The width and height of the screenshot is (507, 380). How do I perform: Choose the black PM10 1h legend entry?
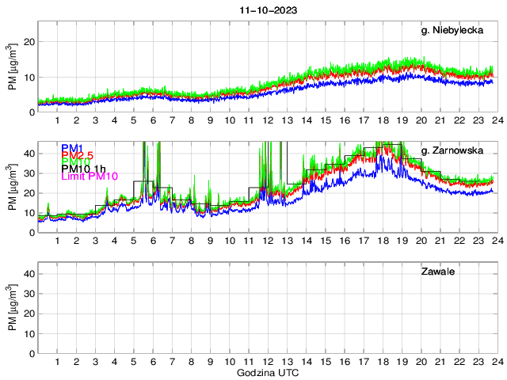point(83,169)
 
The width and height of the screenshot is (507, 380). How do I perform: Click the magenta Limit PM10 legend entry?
point(89,177)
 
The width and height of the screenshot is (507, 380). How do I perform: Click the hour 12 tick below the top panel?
point(268,120)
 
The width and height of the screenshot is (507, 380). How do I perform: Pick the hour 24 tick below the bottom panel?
point(497,362)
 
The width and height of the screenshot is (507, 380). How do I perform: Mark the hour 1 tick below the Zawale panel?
point(57,362)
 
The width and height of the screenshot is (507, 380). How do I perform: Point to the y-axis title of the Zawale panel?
point(12,308)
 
